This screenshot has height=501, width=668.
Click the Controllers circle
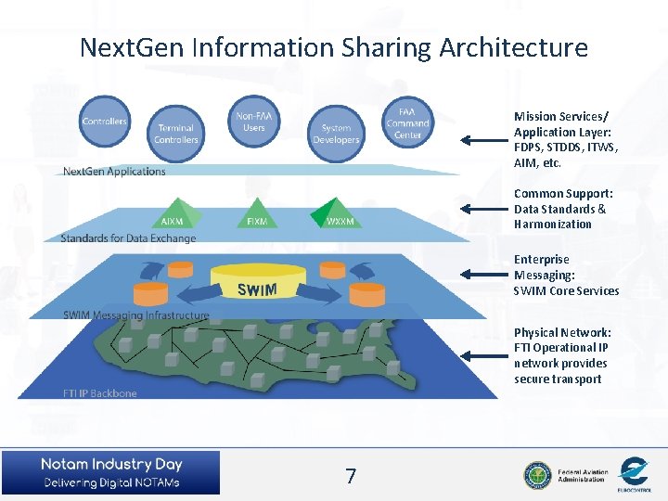pos(104,120)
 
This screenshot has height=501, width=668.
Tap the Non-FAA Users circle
pos(253,122)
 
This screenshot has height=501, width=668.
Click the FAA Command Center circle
pos(407,122)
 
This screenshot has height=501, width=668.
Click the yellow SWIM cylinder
pos(257,284)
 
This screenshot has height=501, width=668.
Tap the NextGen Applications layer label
pos(114,172)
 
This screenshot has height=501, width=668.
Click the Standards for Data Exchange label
pos(128,238)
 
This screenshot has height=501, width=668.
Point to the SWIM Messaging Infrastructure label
pos(135,315)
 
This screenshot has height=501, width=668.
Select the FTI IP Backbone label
pos(99,393)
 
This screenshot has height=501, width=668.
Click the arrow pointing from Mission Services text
pos(482,141)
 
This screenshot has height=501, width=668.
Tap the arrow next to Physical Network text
pos(482,355)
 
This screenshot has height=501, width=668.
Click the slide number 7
pos(350,477)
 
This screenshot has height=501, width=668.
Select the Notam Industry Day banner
pos(110,472)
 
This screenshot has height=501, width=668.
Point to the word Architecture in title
pos(519,47)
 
